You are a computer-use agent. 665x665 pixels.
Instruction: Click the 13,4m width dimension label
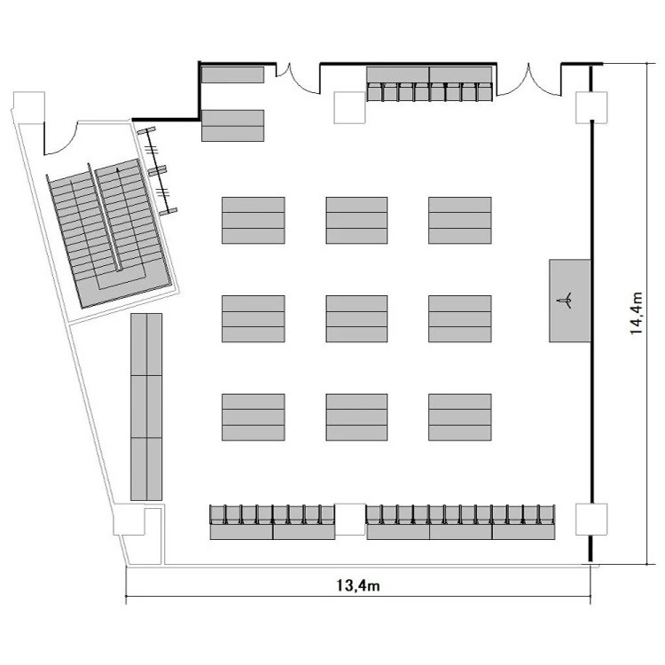point(358,586)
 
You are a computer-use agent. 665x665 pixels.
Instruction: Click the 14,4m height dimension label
point(636,313)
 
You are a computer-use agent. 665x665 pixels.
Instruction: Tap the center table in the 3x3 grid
point(356,319)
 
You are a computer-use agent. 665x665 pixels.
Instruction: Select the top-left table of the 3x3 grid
point(254,220)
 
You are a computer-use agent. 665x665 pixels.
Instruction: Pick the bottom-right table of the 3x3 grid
point(459,418)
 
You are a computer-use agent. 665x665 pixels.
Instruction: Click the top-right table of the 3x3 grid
point(459,220)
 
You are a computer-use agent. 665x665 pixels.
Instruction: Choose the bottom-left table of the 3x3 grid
point(254,418)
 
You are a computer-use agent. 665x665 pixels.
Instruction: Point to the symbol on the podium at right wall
point(566,300)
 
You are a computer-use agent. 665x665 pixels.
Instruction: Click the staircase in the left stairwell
point(110,232)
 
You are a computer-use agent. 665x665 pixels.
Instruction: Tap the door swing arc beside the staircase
point(60,138)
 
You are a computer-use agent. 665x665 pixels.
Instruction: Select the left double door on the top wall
point(298,78)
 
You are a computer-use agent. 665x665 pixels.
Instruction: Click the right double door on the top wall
point(529,79)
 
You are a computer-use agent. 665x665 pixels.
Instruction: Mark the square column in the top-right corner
point(591,107)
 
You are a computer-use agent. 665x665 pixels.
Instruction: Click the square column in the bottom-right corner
point(591,519)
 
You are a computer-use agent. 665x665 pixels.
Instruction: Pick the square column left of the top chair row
point(349,107)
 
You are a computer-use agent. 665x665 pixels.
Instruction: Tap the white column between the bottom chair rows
point(350,519)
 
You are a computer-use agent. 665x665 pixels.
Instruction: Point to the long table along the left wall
point(146,407)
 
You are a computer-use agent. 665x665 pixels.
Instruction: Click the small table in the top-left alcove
point(233,74)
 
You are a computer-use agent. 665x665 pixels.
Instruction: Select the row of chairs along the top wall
point(429,92)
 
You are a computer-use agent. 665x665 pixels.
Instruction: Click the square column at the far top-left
point(29,107)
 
